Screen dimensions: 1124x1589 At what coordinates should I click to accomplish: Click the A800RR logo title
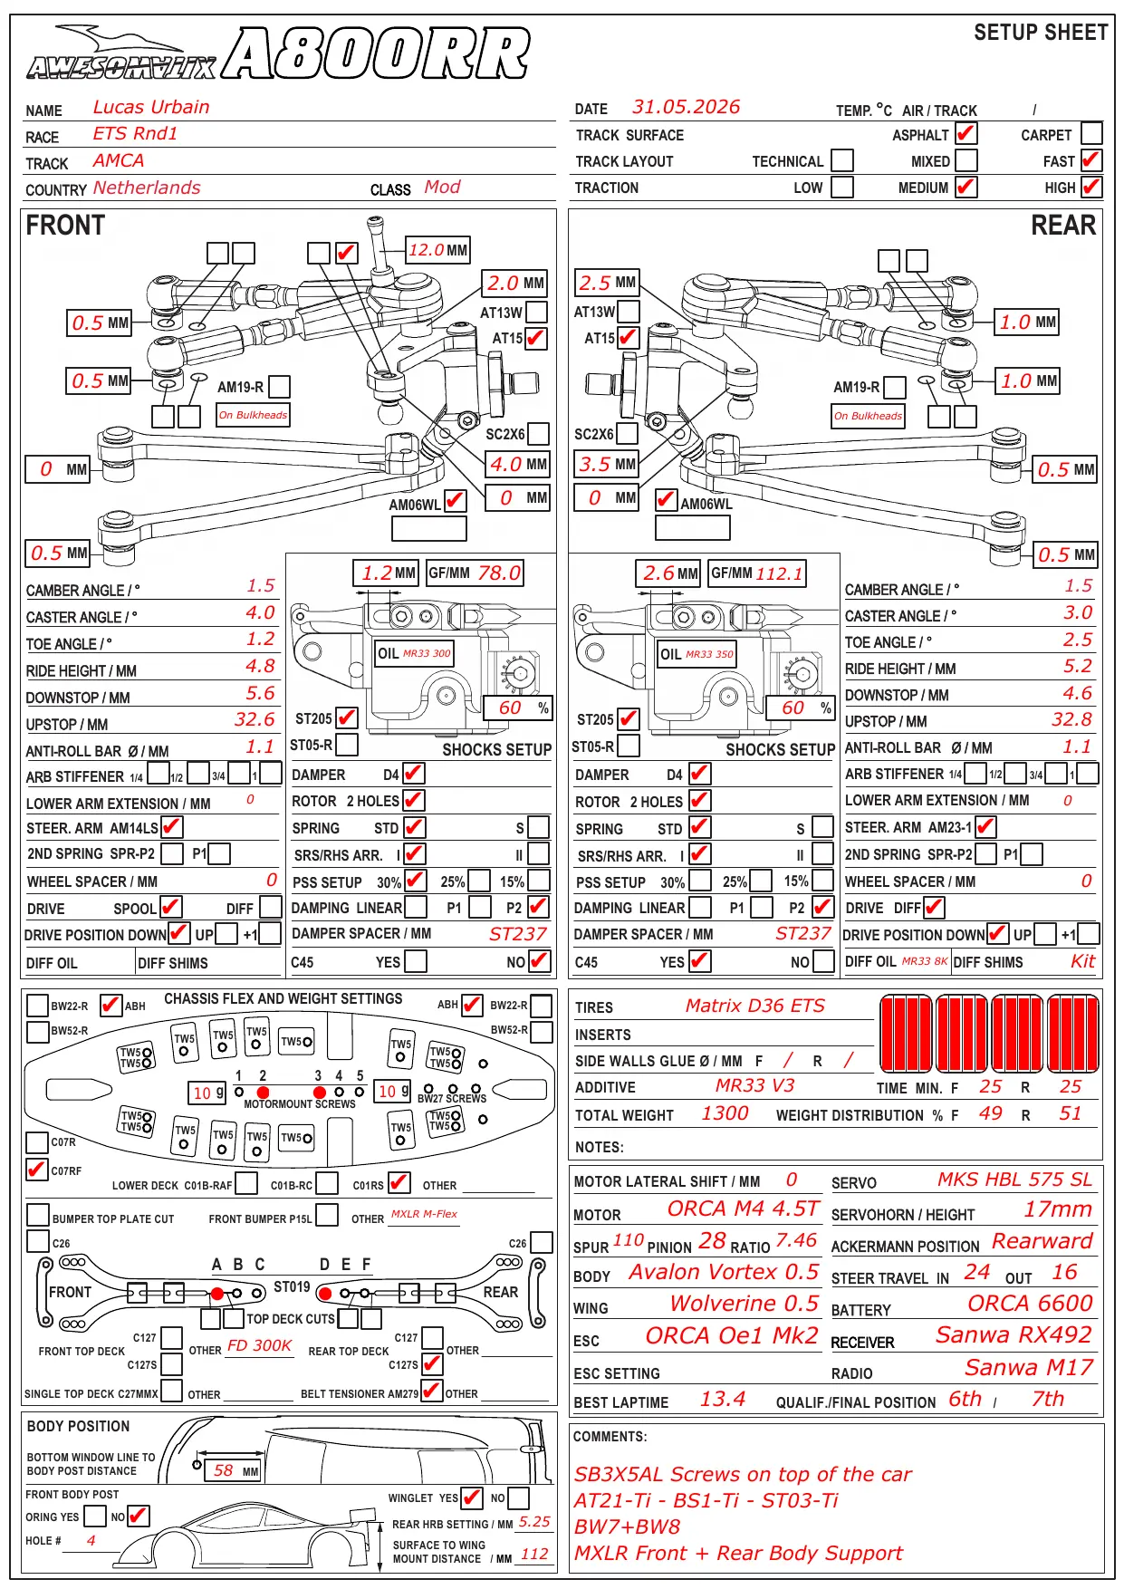point(376,53)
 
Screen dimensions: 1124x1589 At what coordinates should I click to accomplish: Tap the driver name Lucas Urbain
point(151,107)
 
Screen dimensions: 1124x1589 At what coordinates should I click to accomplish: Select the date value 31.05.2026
point(686,107)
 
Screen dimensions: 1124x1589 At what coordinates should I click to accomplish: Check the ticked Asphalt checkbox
point(966,133)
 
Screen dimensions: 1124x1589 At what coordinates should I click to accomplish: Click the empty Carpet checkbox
point(1092,133)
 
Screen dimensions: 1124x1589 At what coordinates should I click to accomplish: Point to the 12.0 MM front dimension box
point(437,250)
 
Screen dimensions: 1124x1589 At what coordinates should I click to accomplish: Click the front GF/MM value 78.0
point(499,573)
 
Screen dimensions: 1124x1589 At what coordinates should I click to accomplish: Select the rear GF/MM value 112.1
point(780,573)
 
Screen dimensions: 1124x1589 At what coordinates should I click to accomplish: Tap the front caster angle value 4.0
point(260,613)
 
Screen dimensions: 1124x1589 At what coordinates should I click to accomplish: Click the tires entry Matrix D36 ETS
point(754,1006)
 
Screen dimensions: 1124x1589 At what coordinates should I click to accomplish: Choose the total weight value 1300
point(725,1113)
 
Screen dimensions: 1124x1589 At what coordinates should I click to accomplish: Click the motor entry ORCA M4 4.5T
point(743,1209)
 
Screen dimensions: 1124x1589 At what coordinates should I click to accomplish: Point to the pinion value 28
point(712,1240)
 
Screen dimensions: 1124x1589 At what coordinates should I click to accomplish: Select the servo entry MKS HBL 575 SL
point(1014,1179)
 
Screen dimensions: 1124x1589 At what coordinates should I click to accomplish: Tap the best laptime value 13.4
point(722,1399)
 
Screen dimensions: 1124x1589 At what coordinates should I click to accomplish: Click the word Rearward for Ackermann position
point(1042,1240)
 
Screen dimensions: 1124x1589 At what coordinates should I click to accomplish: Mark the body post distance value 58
point(224,1470)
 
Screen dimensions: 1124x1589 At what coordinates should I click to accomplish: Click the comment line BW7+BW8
point(627,1526)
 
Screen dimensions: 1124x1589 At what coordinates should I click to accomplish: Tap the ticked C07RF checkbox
point(37,1170)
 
